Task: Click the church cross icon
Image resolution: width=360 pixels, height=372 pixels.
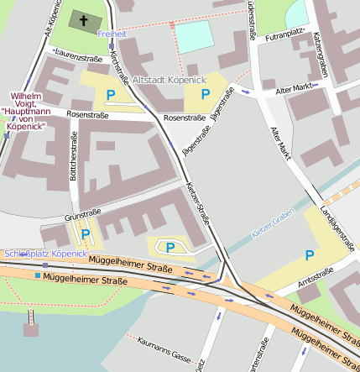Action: pyautogui.click(x=83, y=19)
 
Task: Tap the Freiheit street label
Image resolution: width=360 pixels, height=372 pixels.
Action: pyautogui.click(x=112, y=34)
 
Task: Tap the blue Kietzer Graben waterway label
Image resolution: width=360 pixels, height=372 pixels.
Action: pyautogui.click(x=273, y=228)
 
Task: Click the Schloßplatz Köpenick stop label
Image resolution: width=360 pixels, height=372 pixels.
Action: pyautogui.click(x=45, y=253)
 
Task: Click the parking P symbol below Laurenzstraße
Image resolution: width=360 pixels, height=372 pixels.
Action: pyautogui.click(x=109, y=95)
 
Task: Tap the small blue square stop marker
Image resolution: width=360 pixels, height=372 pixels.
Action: pyautogui.click(x=38, y=275)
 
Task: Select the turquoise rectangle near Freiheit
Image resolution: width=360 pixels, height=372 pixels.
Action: pyautogui.click(x=195, y=38)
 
